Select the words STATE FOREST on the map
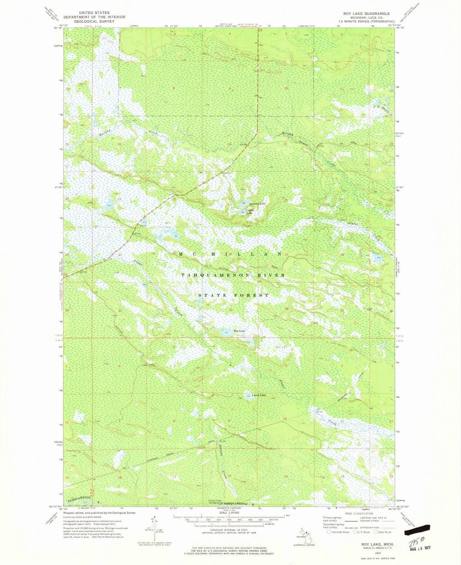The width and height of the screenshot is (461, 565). (234, 295)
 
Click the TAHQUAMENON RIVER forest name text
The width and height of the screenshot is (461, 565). (233, 275)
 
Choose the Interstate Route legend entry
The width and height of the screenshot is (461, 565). (340, 532)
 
